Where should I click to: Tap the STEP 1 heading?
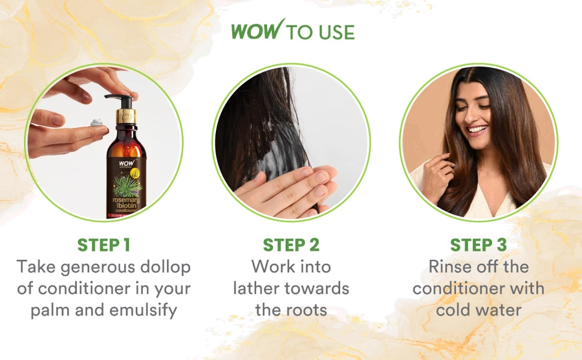point(104,245)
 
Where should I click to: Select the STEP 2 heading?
point(291,245)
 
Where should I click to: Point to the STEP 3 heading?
point(479,245)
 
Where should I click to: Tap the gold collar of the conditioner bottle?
point(126,116)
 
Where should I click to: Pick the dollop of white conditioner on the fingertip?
point(96,122)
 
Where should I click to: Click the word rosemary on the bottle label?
point(126,200)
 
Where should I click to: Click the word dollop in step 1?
point(166,267)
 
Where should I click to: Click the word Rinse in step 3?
point(448,266)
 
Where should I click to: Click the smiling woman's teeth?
point(478,130)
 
